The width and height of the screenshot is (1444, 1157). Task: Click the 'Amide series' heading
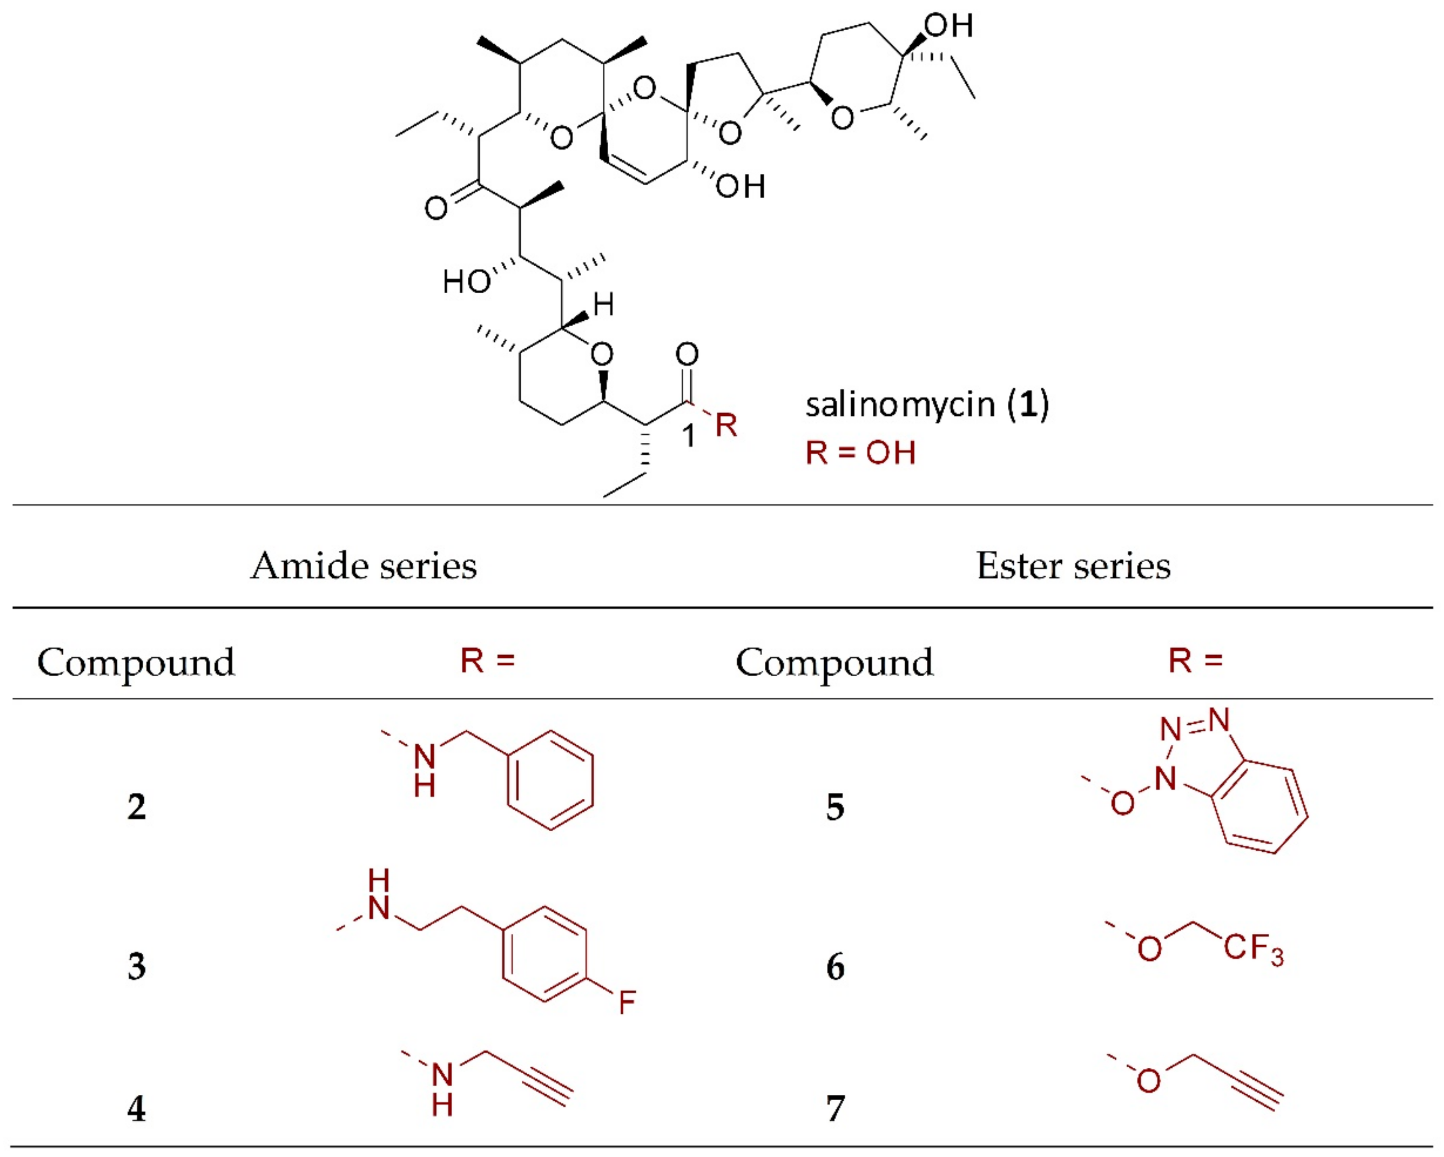(x=364, y=566)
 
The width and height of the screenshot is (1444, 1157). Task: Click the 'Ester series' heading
(x=1073, y=566)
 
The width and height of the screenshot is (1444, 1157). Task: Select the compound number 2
(x=137, y=806)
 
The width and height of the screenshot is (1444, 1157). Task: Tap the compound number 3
(x=137, y=966)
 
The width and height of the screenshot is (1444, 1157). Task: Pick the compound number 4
(x=137, y=1108)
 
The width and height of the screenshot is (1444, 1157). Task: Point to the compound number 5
(x=834, y=806)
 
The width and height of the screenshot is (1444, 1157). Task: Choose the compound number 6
(x=834, y=967)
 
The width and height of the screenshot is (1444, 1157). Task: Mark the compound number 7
(x=834, y=1108)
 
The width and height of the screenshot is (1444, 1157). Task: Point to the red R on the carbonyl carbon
(x=726, y=425)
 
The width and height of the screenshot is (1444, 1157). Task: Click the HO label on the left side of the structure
(x=466, y=282)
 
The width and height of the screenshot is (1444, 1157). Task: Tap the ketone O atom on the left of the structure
(x=436, y=208)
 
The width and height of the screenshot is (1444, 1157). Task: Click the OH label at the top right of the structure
(x=948, y=26)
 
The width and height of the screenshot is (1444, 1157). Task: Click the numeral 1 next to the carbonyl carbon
(x=688, y=436)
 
